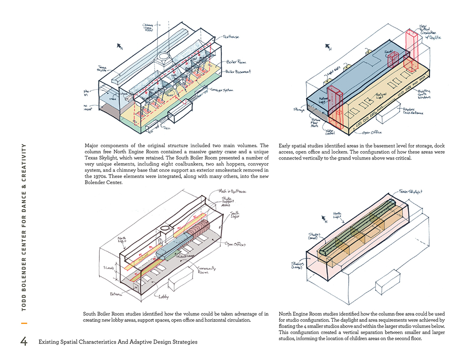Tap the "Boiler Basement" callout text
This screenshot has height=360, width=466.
(x=237, y=72)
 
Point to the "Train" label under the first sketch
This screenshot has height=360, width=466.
(x=167, y=127)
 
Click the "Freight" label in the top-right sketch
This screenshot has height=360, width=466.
(x=388, y=51)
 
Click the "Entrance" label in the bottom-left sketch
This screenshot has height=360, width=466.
(x=115, y=295)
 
